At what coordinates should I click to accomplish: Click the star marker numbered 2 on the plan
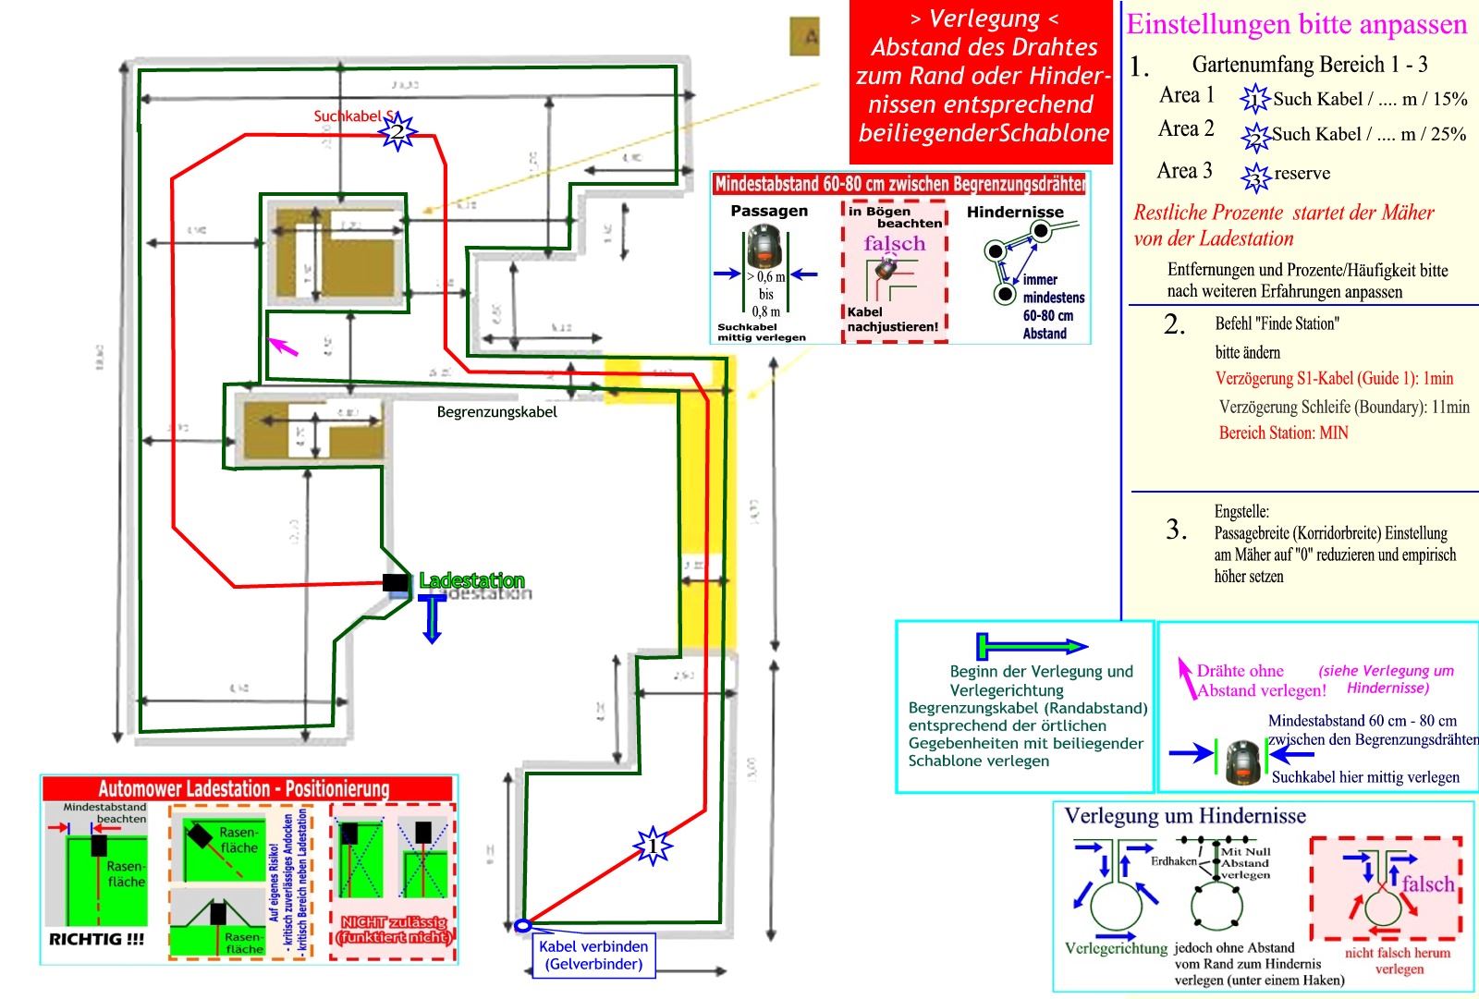click(x=397, y=132)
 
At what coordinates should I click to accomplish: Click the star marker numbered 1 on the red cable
click(x=653, y=846)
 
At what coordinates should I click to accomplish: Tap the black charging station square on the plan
click(x=396, y=582)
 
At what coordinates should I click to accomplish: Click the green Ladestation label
click(x=471, y=580)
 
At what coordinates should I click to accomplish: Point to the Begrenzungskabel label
click(x=496, y=412)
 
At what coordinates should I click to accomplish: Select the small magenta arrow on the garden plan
click(x=283, y=347)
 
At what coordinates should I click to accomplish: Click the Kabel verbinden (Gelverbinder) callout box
click(x=593, y=956)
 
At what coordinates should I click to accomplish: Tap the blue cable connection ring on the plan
click(x=522, y=925)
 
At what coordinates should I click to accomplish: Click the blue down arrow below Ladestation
click(x=432, y=618)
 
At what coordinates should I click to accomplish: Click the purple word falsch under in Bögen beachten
click(x=894, y=243)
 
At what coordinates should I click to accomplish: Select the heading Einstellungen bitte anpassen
click(x=1296, y=25)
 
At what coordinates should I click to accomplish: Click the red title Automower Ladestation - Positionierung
click(x=244, y=789)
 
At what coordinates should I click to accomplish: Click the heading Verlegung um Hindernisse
click(x=1184, y=816)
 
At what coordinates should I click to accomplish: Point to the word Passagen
click(x=769, y=211)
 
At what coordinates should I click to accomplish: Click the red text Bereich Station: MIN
click(x=1283, y=432)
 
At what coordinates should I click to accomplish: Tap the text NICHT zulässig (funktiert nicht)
click(x=394, y=929)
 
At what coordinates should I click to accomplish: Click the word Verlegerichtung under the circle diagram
click(x=1116, y=948)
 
